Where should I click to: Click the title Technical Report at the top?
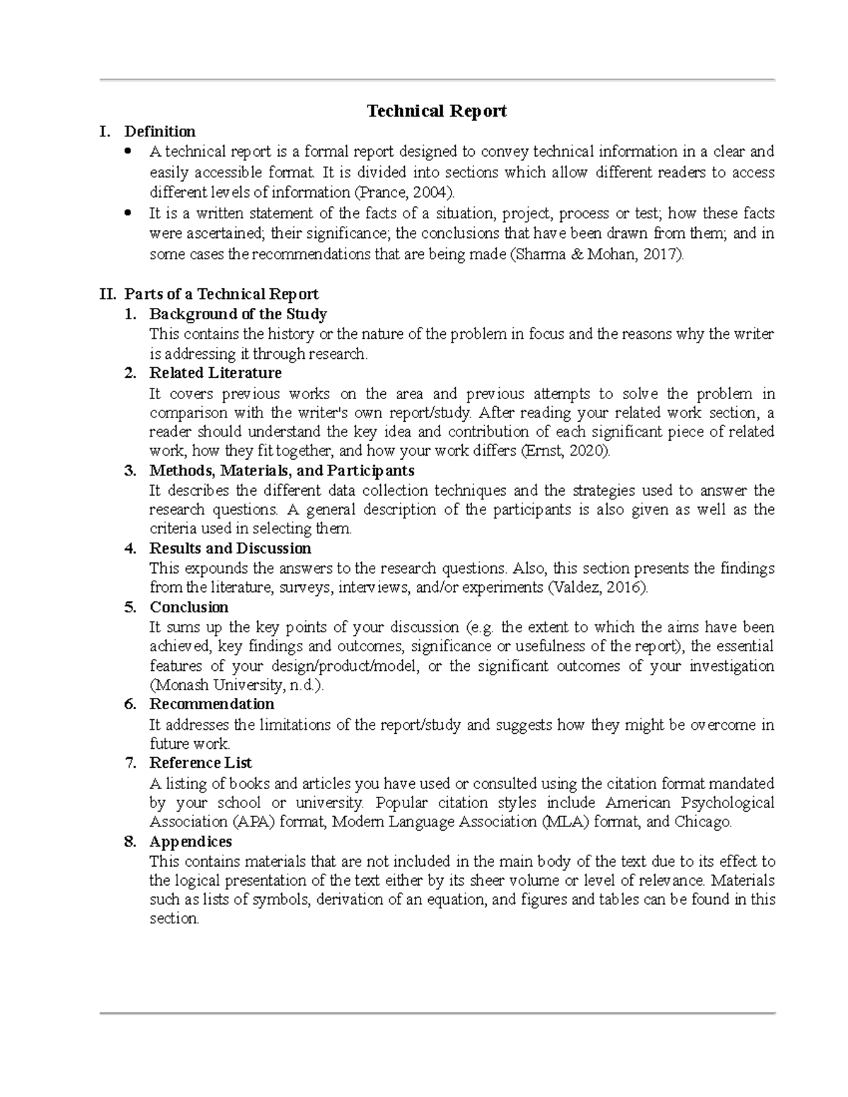point(436,111)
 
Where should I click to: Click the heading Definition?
point(160,131)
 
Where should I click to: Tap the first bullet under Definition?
point(128,151)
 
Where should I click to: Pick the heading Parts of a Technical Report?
point(221,294)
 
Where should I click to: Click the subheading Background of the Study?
point(237,314)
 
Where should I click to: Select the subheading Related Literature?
point(215,372)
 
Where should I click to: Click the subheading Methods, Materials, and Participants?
point(281,470)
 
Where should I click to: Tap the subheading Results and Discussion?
point(230,548)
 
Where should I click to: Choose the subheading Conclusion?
point(189,607)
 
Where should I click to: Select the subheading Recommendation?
point(211,704)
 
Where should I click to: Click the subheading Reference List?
point(200,763)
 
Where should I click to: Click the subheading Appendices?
point(190,841)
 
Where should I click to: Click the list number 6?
point(129,704)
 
